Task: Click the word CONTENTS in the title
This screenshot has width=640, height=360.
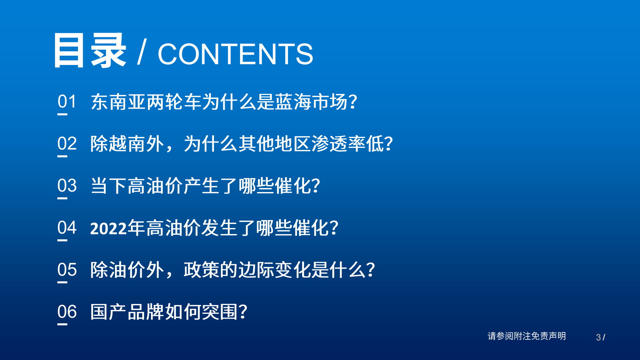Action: (235, 54)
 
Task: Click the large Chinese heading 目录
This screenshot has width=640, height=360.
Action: (89, 51)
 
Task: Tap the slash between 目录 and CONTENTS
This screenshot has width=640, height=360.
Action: (142, 52)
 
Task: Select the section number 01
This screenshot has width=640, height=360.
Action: (67, 101)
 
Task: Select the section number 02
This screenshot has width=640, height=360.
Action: (67, 143)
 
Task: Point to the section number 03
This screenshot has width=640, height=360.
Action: (67, 185)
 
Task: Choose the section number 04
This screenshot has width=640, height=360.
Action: (67, 227)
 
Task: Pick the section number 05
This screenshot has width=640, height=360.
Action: (67, 269)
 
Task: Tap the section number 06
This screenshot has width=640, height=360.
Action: (67, 311)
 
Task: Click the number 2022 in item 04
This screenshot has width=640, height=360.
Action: (109, 229)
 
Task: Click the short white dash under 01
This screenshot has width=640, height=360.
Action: (62, 114)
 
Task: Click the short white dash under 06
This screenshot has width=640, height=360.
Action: (62, 324)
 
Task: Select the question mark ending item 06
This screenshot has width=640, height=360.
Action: (243, 312)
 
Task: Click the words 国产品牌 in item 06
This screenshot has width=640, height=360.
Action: (127, 312)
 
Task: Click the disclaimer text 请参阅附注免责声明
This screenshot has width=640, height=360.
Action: (527, 336)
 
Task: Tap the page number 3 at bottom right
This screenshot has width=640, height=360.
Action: (598, 337)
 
